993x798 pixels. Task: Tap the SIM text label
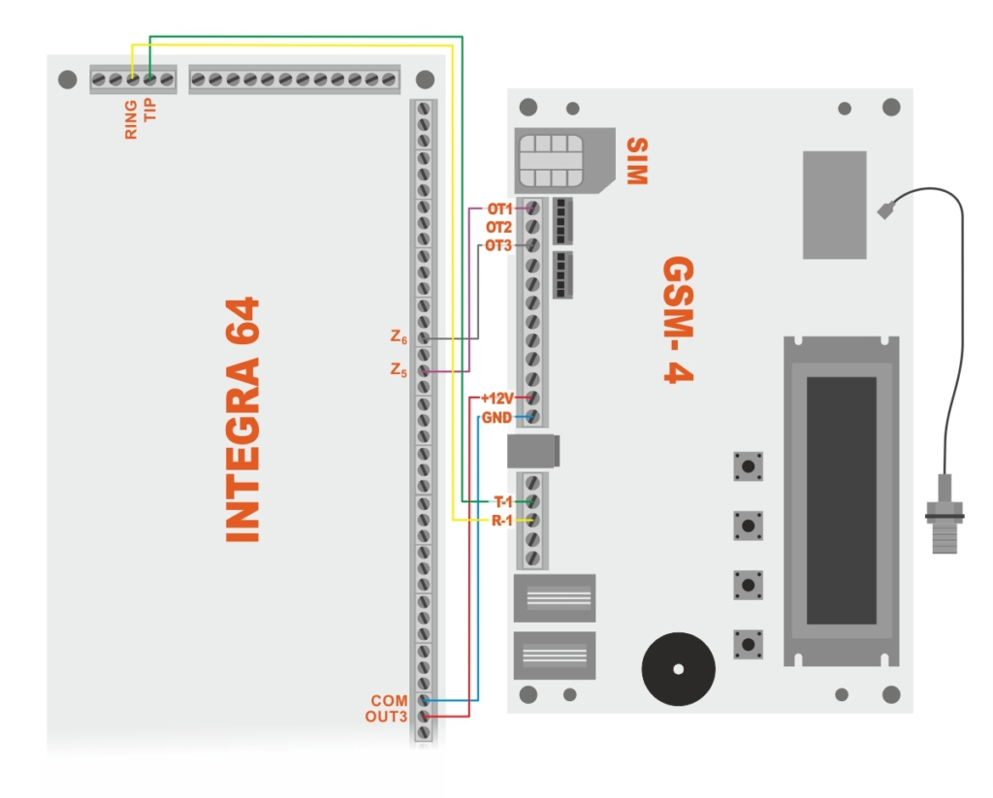tap(635, 161)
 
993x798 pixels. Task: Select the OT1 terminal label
tap(498, 208)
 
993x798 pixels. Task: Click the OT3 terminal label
tap(498, 245)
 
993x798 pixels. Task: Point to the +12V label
tap(497, 399)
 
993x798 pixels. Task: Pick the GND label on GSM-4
tap(496, 417)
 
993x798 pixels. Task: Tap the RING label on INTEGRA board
tap(131, 118)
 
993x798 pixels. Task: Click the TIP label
tap(149, 110)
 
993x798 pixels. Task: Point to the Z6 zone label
tap(399, 338)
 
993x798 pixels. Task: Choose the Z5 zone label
tap(399, 369)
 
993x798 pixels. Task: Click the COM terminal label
tap(389, 700)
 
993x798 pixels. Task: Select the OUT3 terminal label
tap(387, 717)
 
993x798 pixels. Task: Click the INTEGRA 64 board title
tap(242, 419)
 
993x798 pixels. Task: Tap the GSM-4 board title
tap(679, 320)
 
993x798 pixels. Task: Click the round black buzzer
tap(678, 669)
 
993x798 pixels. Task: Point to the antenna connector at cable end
tap(945, 514)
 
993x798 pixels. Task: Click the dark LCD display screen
tap(841, 500)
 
